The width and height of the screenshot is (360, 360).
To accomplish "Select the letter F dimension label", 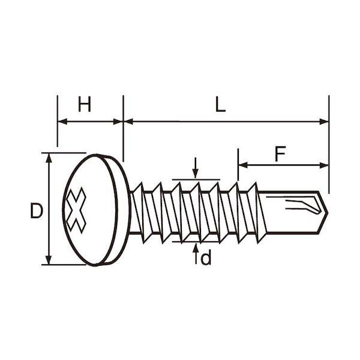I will click(280, 154).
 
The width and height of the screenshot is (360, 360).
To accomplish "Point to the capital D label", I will click(37, 211).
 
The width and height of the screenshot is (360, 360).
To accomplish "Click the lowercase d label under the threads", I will click(206, 259).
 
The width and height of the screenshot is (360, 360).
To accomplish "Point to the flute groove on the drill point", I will click(300, 205).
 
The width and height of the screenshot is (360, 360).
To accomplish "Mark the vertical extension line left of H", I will click(58, 120).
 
